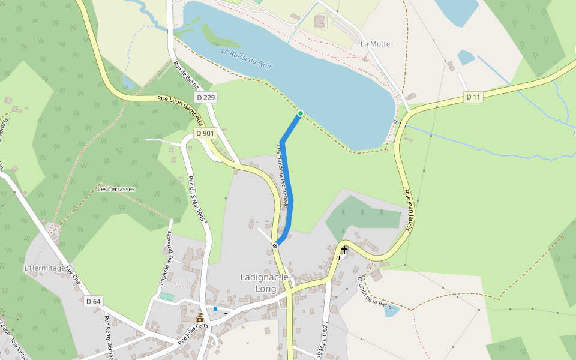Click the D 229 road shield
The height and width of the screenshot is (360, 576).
pos(205,97)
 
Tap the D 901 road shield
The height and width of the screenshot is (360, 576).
pos(205,133)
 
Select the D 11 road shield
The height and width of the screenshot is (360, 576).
pos(473,97)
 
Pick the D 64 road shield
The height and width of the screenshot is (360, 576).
pos(93,301)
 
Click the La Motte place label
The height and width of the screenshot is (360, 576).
pos(375,44)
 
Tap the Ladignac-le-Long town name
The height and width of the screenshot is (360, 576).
pos(265,283)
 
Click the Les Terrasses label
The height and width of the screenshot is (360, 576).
pos(116,189)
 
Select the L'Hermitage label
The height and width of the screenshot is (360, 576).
pos(44,268)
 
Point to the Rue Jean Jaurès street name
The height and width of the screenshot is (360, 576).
pos(407,214)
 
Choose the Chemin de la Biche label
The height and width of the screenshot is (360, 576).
pos(374,293)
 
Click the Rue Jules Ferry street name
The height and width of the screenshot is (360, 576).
pos(193,333)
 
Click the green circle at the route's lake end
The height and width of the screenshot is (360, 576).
pos(300,113)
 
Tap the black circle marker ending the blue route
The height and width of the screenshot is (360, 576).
pos(275,245)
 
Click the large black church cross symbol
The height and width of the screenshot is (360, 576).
pos(344,249)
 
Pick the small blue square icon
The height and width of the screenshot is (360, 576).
pos(215,309)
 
